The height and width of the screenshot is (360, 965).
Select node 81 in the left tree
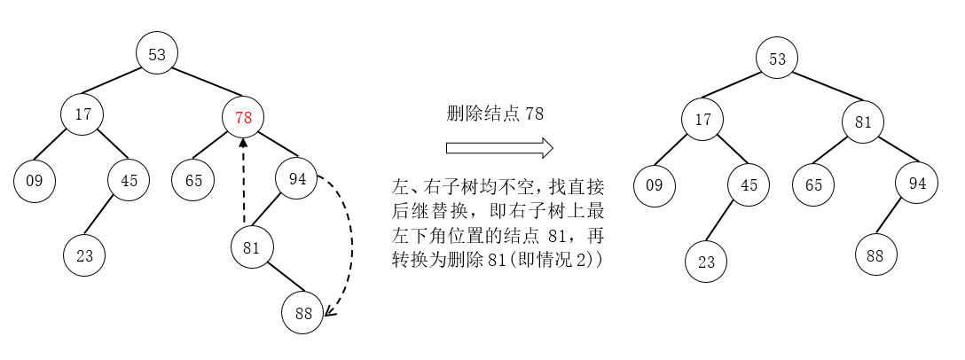tap(252, 247)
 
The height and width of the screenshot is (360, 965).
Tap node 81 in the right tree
tap(863, 122)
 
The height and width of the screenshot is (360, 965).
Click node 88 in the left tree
tap(303, 312)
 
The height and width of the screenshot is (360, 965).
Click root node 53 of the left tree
tap(157, 55)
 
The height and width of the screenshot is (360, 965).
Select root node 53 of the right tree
tap(777, 59)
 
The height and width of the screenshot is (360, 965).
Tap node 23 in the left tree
tap(84, 255)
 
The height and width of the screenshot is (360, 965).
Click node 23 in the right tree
tap(706, 262)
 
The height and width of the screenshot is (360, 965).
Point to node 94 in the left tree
tap(296, 179)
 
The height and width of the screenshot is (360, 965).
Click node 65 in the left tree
tap(193, 180)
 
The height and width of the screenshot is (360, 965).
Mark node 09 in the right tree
tap(655, 185)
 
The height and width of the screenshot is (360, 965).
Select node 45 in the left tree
tap(129, 180)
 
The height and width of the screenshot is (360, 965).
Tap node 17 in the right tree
tap(702, 119)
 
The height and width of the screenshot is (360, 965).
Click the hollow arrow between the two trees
tap(499, 147)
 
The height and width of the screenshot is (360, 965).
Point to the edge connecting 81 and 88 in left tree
tap(279, 278)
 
